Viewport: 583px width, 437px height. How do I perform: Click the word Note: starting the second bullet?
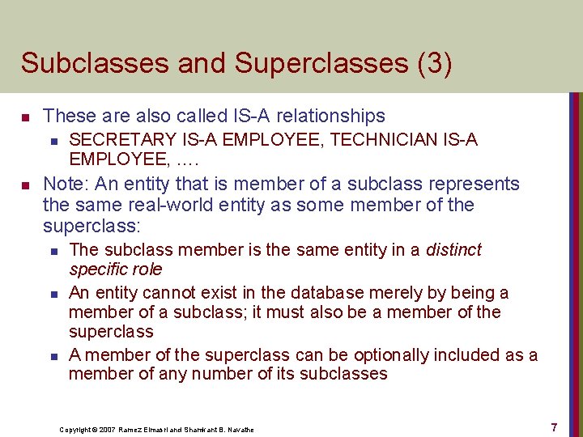coord(66,184)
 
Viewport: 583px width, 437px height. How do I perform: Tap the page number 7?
coord(554,426)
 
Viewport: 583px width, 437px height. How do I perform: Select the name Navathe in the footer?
coord(239,429)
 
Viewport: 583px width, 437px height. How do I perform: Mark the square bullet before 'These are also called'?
coord(27,117)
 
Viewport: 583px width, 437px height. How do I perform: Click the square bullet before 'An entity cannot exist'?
coord(53,292)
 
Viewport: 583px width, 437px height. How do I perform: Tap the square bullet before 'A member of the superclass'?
coord(53,354)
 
